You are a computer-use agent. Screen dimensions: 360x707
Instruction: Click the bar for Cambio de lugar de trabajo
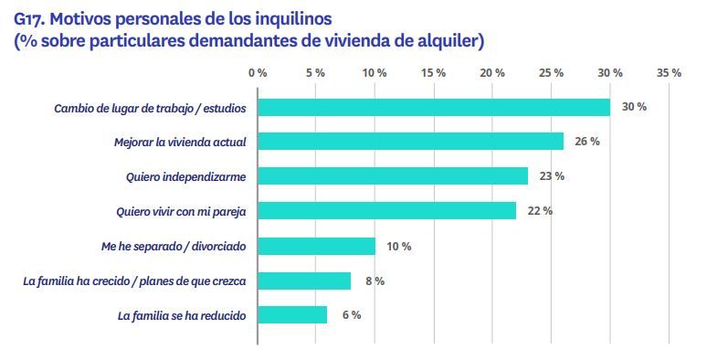(434, 107)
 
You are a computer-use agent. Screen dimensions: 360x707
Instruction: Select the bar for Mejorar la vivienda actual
(410, 142)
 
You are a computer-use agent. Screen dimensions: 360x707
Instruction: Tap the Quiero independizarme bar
(393, 175)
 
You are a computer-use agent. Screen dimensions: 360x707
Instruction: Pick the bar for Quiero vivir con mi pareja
(386, 211)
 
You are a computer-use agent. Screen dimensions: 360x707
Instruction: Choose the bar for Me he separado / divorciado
(316, 246)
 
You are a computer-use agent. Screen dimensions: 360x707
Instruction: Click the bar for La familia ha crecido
(304, 281)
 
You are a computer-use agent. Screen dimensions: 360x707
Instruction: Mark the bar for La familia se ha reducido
(292, 315)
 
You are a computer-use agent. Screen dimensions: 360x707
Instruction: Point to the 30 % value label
(634, 107)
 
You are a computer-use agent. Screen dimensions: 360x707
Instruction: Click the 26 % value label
(586, 142)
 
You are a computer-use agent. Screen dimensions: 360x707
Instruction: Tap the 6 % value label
(350, 315)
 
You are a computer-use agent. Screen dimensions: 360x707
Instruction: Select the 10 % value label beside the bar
(399, 246)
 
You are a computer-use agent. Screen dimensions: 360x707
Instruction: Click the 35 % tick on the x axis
(669, 72)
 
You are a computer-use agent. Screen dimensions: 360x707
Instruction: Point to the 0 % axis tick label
(258, 72)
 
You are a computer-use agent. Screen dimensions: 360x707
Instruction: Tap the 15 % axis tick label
(434, 72)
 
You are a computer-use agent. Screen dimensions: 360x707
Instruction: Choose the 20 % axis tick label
(492, 72)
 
